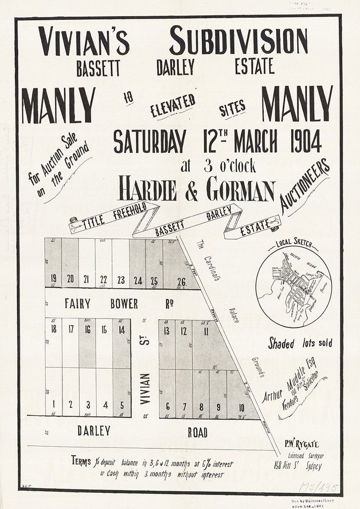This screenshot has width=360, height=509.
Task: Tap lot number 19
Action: click(53, 279)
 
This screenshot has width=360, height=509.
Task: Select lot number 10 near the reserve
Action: click(241, 408)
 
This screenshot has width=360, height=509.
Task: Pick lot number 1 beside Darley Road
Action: click(53, 404)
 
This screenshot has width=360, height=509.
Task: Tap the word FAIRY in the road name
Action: click(77, 304)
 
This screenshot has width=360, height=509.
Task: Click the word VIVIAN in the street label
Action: click(145, 389)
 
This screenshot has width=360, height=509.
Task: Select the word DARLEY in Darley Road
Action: click(94, 431)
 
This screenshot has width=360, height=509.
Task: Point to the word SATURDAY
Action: click(150, 142)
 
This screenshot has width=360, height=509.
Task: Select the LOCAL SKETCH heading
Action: click(294, 245)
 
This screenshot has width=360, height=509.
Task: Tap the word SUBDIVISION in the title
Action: click(238, 41)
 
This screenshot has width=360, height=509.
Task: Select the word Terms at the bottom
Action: click(81, 460)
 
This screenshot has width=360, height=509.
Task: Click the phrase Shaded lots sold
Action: click(300, 343)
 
